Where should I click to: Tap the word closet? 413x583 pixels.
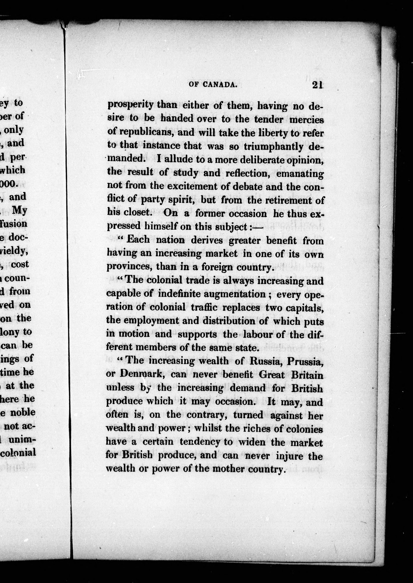pos(138,212)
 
